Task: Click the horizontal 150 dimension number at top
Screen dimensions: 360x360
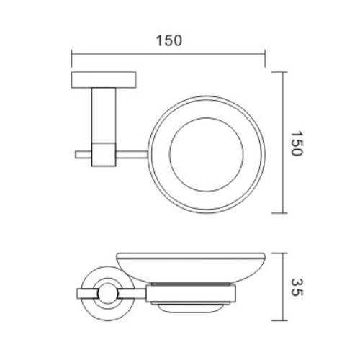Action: point(168,41)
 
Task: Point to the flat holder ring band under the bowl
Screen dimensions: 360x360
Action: point(191,293)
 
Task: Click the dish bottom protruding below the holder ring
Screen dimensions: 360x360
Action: point(191,305)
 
